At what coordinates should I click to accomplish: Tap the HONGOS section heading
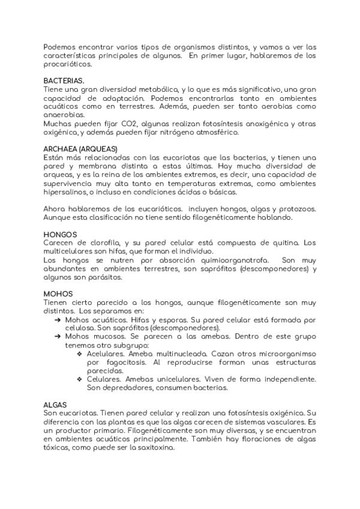(60, 234)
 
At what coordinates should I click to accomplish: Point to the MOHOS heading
(58, 294)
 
